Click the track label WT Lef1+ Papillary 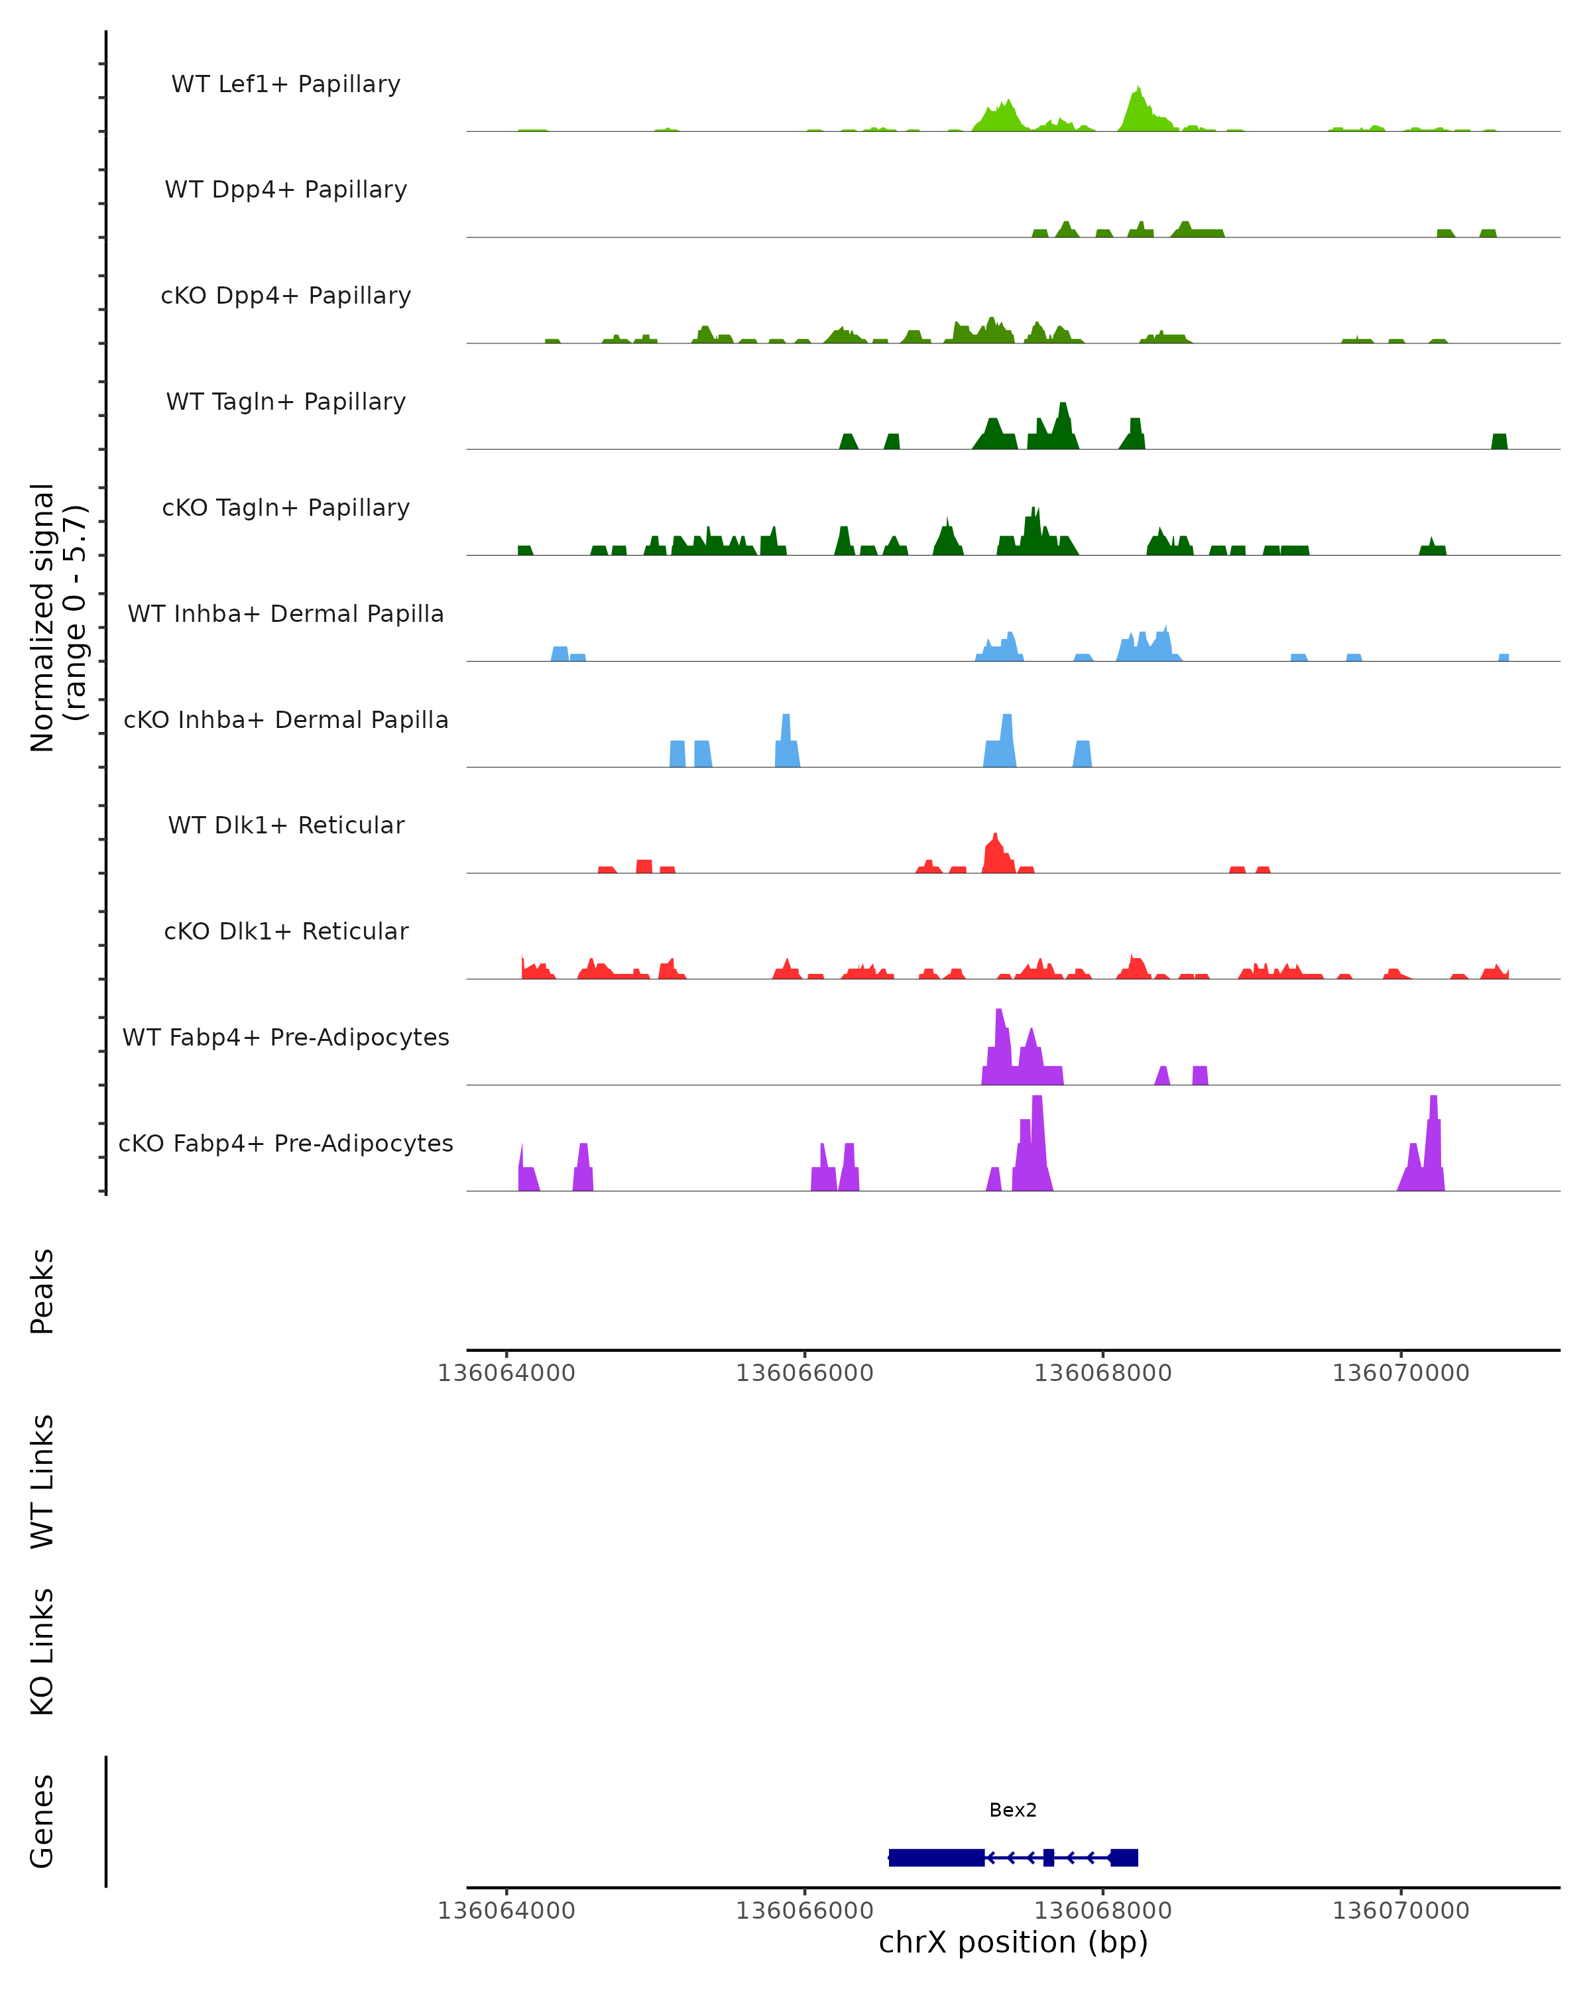click(x=286, y=84)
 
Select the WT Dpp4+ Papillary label click(x=286, y=190)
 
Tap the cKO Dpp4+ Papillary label click(x=286, y=296)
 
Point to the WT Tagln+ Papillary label click(x=286, y=402)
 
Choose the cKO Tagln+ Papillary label click(x=286, y=509)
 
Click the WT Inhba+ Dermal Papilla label click(x=286, y=615)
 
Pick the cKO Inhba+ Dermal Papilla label click(x=286, y=721)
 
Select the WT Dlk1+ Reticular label click(x=286, y=825)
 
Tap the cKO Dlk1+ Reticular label click(x=286, y=932)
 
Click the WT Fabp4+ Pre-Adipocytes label click(x=286, y=1038)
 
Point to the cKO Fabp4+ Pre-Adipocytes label click(x=286, y=1144)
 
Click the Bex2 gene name click(x=1013, y=1811)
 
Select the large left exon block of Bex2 click(x=936, y=1858)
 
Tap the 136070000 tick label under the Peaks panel click(x=1400, y=1373)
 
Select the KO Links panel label click(x=42, y=1652)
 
